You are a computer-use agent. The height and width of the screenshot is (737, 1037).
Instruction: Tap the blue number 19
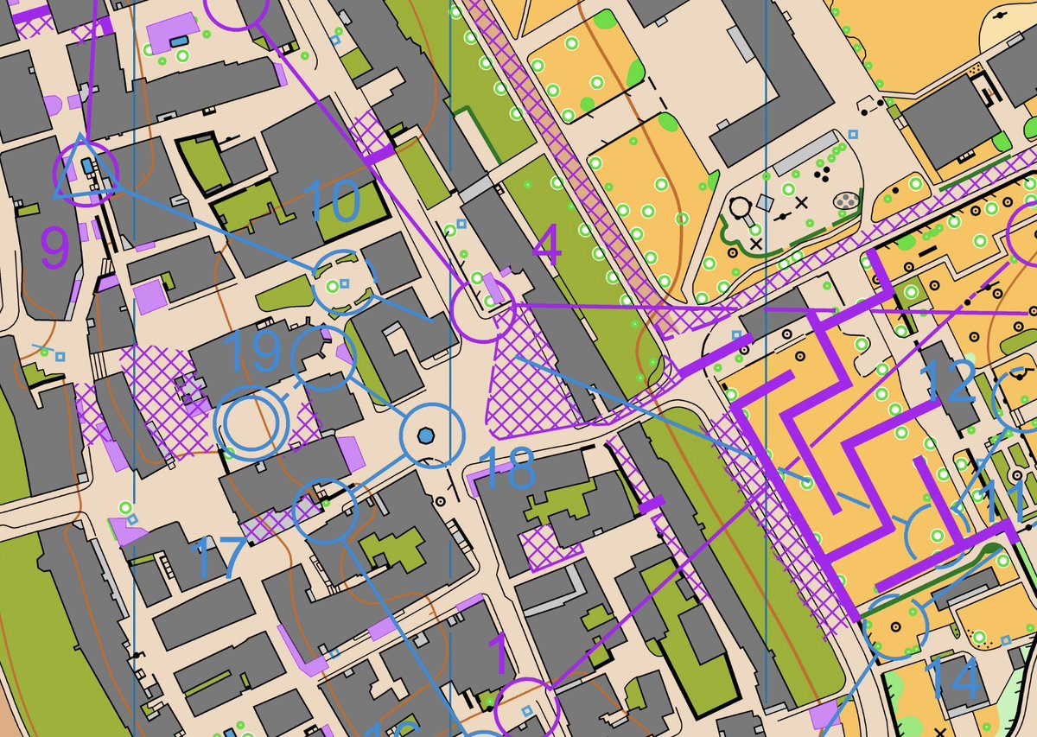252,350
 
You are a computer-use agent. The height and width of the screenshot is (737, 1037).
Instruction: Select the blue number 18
506,470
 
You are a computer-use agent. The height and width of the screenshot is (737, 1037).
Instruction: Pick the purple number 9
54,248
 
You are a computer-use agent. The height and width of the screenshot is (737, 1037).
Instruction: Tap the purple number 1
499,655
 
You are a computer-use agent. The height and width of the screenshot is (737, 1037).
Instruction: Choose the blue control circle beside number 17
325,512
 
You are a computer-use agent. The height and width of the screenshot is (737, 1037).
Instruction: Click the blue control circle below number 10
343,283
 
